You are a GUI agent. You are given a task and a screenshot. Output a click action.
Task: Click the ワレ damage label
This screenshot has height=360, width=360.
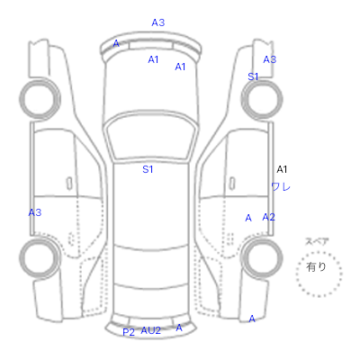pyautogui.click(x=281, y=187)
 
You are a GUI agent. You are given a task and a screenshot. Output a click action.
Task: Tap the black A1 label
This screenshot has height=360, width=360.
pyautogui.click(x=282, y=169)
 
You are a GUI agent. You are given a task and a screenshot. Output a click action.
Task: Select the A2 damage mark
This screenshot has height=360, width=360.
pyautogui.click(x=268, y=217)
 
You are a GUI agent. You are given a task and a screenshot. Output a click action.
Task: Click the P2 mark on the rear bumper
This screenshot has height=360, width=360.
pyautogui.click(x=129, y=332)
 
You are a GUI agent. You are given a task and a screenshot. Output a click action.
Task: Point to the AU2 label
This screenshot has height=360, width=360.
pyautogui.click(x=151, y=330)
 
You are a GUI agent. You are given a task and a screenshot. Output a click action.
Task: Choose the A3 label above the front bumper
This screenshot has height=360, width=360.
pyautogui.click(x=158, y=22)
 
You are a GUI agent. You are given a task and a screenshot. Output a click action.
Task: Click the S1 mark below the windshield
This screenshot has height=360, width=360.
pyautogui.click(x=148, y=169)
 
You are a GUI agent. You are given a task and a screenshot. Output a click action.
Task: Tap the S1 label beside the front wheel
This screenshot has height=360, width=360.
pyautogui.click(x=253, y=76)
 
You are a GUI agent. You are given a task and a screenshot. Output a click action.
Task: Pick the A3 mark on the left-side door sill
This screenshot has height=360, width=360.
pyautogui.click(x=35, y=212)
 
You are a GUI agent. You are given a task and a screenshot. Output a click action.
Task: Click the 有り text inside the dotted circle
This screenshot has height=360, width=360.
pyautogui.click(x=316, y=266)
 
